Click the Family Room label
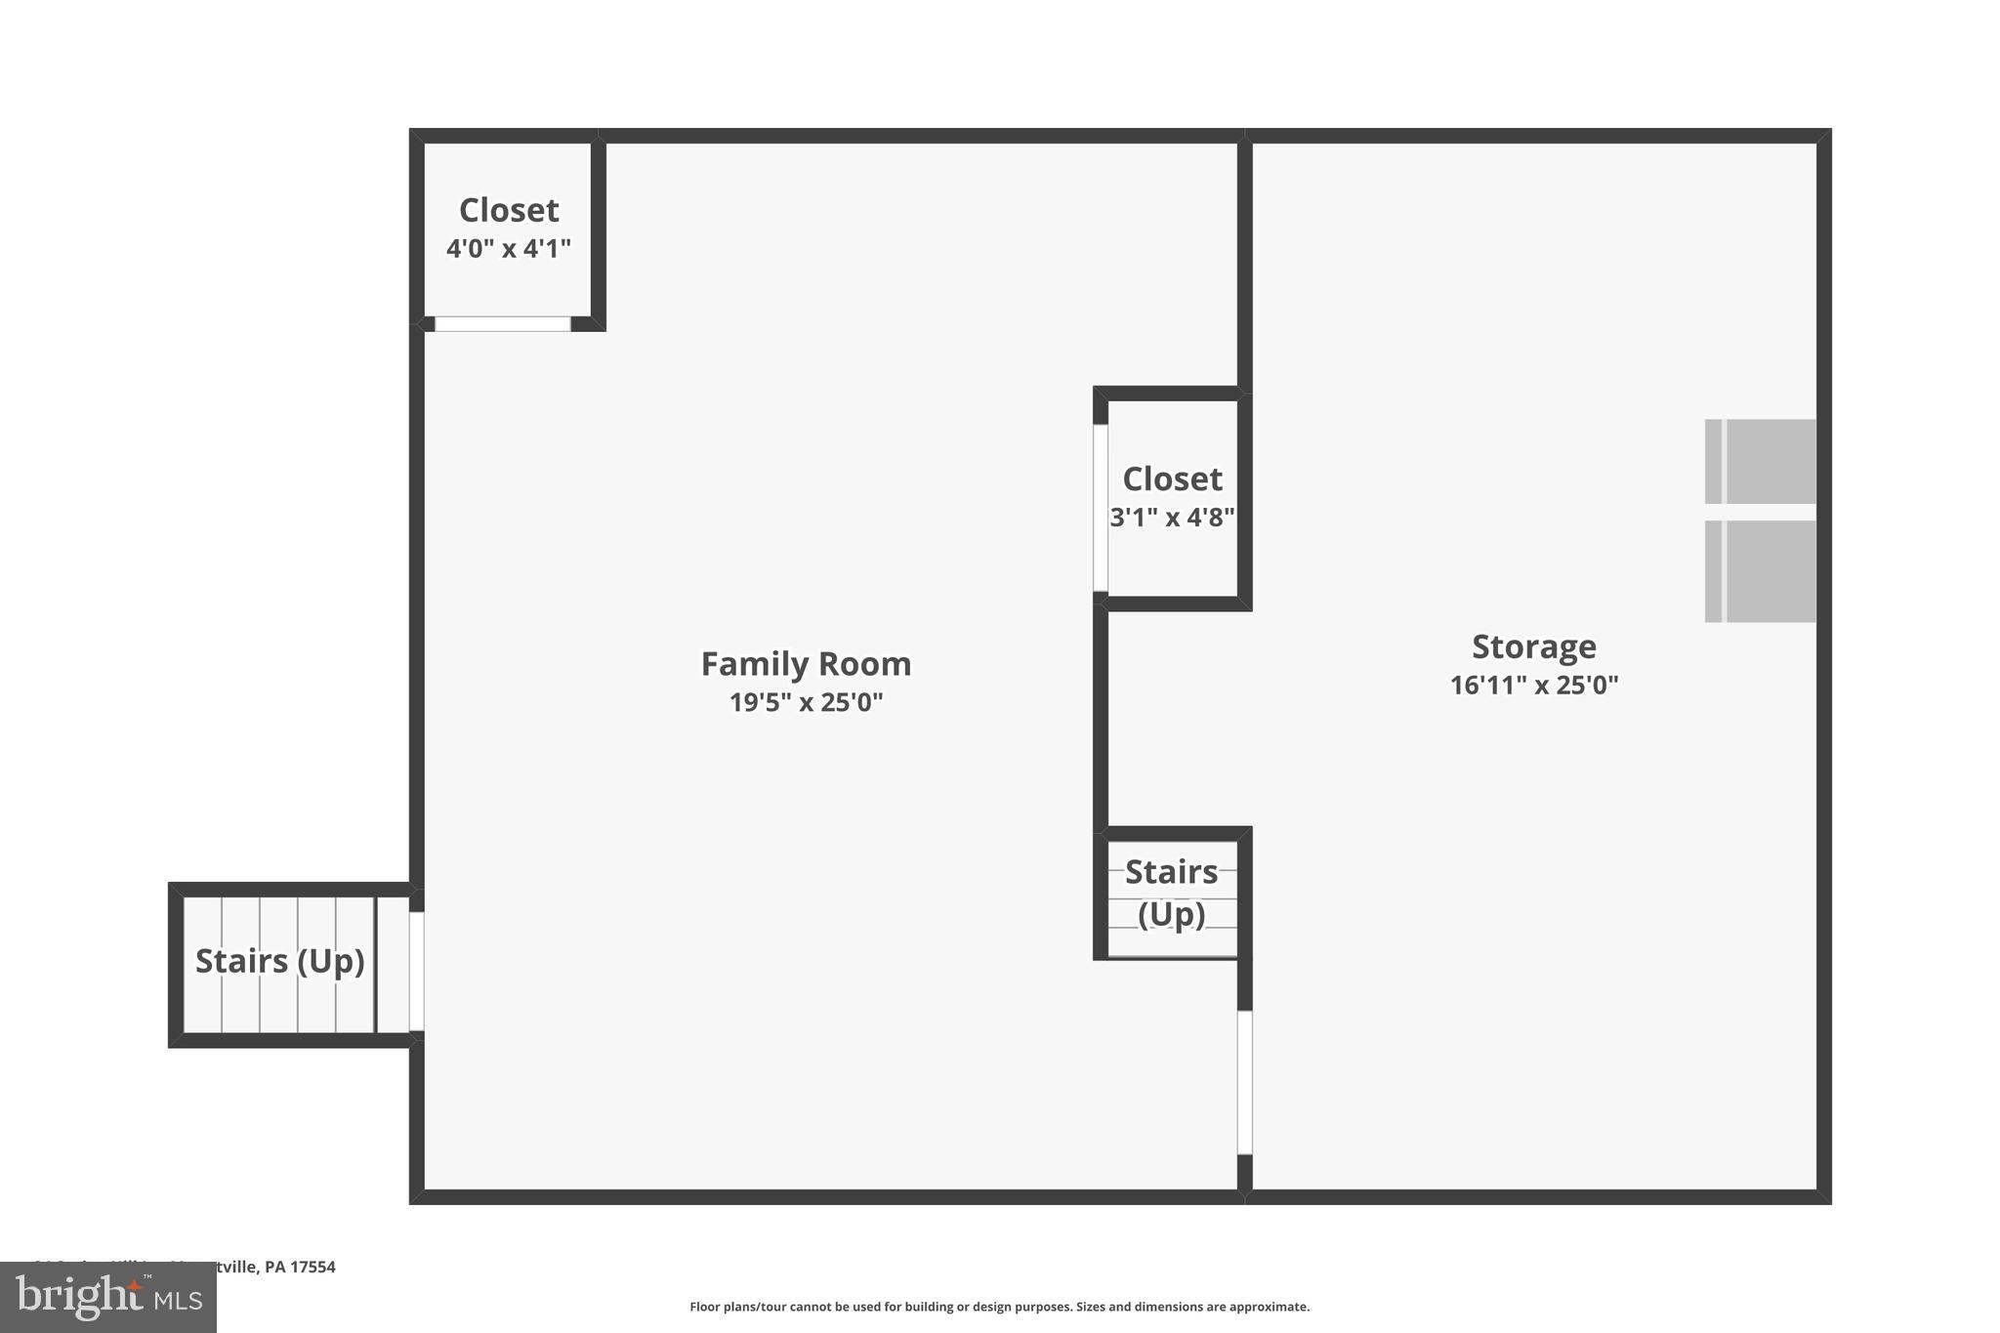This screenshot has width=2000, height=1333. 806,664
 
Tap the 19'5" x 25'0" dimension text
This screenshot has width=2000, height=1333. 806,702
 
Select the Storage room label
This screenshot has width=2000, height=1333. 1533,646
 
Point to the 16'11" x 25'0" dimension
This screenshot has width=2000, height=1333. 1533,685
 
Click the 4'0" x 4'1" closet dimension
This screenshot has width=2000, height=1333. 508,249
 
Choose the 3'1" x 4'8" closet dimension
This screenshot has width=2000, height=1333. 1172,518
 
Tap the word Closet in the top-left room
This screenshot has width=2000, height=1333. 508,210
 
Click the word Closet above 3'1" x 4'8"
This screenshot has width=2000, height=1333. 1172,479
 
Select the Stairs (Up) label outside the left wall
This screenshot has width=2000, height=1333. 279,961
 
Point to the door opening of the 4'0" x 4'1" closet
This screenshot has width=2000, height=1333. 502,324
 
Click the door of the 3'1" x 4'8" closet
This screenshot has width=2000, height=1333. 1101,508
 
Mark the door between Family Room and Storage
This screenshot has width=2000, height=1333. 1245,1082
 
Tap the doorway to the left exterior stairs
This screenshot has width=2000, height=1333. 416,971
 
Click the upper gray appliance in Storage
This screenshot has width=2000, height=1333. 1760,461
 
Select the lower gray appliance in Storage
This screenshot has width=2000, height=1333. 1760,571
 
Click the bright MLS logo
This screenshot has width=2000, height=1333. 107,1297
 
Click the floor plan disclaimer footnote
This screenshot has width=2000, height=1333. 999,1307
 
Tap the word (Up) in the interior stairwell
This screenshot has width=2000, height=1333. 1171,914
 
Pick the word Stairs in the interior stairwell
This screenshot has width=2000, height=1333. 1171,871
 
